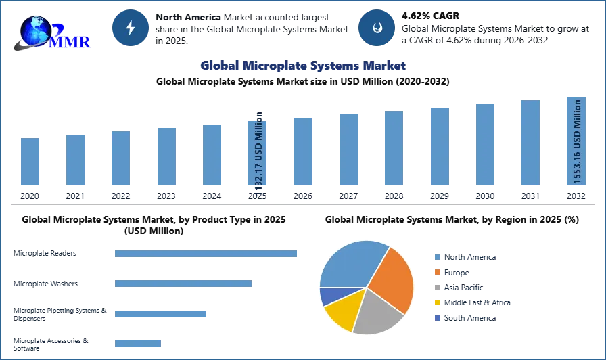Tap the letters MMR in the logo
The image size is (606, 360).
[x=70, y=42]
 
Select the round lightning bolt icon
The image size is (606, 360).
[x=131, y=28]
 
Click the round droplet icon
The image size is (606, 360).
[x=376, y=28]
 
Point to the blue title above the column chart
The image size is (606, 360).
[x=302, y=66]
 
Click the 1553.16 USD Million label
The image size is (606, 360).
[x=577, y=141]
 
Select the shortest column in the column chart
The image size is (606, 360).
[x=29, y=162]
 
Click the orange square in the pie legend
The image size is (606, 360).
[x=438, y=272]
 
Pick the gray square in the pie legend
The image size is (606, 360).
[x=438, y=288]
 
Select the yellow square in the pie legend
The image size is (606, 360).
[x=438, y=303]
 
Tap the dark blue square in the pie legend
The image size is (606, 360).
[x=438, y=319]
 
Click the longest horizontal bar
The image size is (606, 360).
[x=206, y=254]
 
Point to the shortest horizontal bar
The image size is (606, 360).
[x=138, y=344]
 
